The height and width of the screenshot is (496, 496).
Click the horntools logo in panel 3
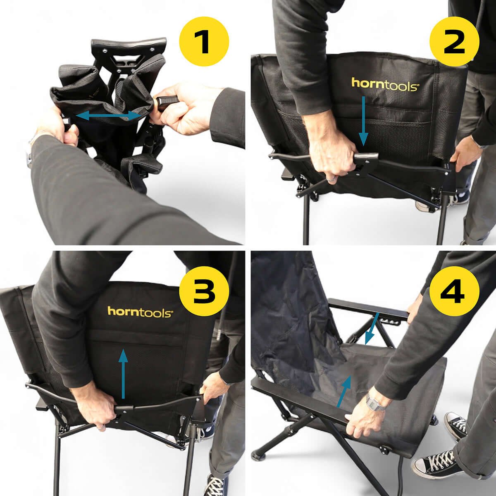pos(140,312)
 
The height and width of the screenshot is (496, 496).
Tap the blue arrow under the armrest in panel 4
pos(372,329)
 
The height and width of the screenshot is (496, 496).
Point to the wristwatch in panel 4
pos(375,402)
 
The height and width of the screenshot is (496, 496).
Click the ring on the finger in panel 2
pos(331,179)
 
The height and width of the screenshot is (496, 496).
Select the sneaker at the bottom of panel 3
pos(215,486)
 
